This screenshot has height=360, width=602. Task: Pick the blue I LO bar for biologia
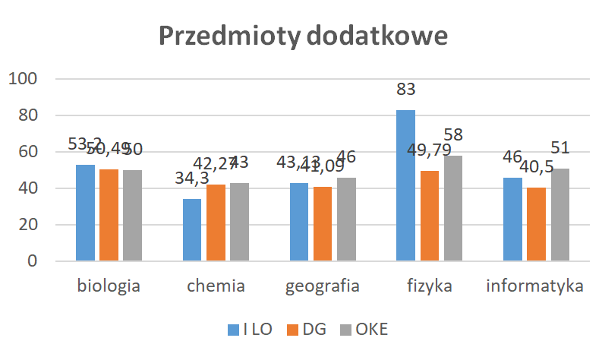pos(85,213)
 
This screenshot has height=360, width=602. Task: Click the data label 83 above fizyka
pos(406,90)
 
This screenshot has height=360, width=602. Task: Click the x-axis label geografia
pos(322,287)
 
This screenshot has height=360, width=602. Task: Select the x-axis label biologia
pos(108,287)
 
